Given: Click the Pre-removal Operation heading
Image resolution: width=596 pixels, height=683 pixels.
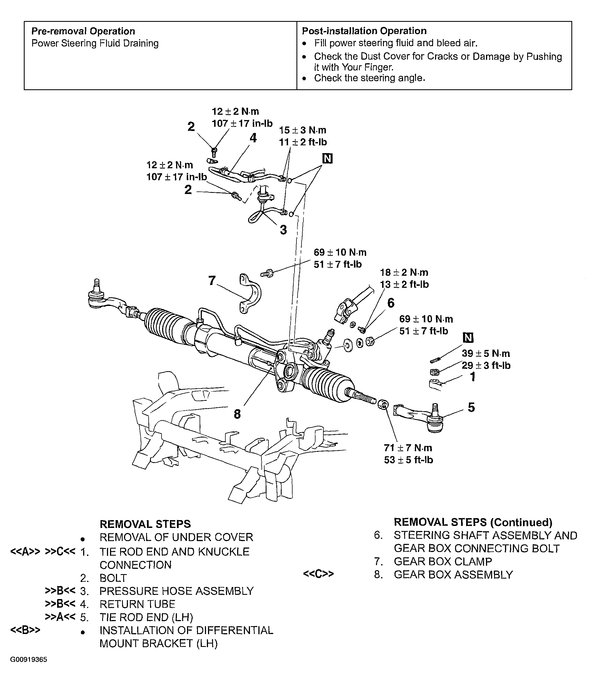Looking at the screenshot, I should [x=83, y=31].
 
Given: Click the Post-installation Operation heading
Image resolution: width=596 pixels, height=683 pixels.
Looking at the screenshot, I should [x=364, y=31].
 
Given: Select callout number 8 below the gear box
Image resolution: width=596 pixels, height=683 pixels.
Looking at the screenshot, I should [x=237, y=414].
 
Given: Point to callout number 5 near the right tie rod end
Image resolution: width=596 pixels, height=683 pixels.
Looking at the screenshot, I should [x=471, y=407].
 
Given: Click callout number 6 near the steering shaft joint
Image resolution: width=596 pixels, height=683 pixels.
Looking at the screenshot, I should [x=391, y=303].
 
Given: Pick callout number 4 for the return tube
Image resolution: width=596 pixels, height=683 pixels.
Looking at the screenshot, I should [x=253, y=138].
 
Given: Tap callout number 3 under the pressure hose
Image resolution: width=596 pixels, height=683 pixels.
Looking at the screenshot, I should [x=283, y=230].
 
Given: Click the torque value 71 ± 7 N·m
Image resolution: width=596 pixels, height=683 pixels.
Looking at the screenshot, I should [x=408, y=448].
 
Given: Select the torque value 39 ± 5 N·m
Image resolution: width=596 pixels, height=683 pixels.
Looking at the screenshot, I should [x=486, y=354].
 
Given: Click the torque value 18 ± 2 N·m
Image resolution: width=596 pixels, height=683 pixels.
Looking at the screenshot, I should [x=404, y=273].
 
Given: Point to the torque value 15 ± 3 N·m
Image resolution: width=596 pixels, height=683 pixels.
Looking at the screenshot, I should [x=302, y=130].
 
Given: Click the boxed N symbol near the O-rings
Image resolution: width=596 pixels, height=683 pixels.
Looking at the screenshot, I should [x=327, y=159].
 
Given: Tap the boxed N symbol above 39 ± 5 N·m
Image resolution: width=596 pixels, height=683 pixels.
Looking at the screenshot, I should [x=468, y=338].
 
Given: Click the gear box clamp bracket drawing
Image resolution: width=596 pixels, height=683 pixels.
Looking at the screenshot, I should [x=250, y=293].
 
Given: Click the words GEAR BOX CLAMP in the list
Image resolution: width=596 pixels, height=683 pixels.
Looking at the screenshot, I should [x=442, y=562].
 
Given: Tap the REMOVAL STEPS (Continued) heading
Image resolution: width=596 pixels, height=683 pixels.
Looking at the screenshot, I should [x=473, y=522].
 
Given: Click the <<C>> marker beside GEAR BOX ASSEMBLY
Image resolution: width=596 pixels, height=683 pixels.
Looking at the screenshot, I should [x=318, y=574].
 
